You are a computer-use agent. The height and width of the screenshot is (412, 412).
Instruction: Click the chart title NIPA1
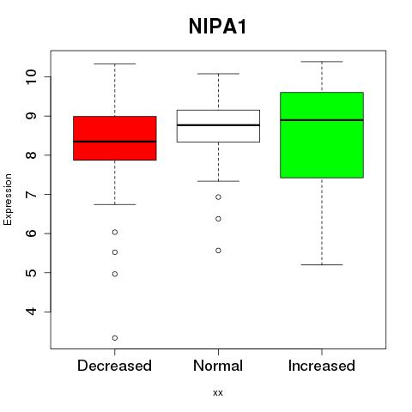click(x=217, y=27)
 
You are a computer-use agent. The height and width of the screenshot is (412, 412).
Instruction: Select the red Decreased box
click(x=115, y=138)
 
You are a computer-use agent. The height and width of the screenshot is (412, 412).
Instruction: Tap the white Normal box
click(x=218, y=126)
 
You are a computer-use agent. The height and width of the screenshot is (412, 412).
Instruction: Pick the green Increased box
click(x=322, y=135)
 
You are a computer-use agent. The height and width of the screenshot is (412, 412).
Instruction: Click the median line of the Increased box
click(x=322, y=120)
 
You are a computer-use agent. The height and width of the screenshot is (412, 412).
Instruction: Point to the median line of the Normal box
click(x=218, y=125)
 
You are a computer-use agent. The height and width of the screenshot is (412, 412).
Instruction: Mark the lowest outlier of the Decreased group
click(x=115, y=338)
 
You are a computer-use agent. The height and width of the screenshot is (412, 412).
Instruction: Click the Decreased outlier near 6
click(x=115, y=232)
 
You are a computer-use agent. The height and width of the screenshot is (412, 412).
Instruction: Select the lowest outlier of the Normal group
click(x=218, y=251)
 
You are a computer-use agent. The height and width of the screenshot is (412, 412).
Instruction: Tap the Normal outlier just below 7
click(x=218, y=197)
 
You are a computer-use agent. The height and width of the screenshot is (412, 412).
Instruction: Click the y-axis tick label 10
click(x=32, y=76)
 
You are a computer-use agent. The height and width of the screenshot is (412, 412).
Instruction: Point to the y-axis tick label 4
click(x=32, y=312)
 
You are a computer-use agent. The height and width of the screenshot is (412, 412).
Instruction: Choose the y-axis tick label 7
click(x=32, y=194)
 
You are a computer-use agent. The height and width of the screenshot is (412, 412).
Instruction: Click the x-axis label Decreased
click(x=114, y=366)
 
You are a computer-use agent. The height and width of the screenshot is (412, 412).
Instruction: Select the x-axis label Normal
click(x=218, y=366)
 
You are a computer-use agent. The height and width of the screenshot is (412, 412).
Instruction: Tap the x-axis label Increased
click(x=322, y=366)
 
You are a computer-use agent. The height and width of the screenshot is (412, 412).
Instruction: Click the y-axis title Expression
click(x=8, y=199)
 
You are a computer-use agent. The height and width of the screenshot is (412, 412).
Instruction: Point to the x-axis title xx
click(x=218, y=392)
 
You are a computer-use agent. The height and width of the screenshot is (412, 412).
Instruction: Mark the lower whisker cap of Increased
click(x=322, y=264)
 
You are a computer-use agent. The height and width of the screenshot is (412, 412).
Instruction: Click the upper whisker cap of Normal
click(x=218, y=74)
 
